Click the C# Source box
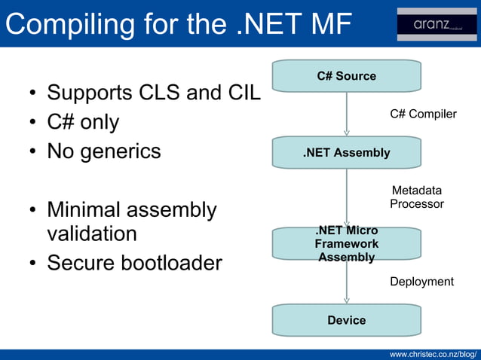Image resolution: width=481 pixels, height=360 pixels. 346,76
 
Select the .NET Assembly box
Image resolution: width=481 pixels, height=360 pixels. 346,153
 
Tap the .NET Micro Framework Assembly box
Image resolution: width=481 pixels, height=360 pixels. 346,244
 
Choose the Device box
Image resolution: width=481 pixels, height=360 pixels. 346,320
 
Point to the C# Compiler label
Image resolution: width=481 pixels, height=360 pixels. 423,114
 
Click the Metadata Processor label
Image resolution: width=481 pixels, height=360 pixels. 417,197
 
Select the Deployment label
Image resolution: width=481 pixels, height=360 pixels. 421,282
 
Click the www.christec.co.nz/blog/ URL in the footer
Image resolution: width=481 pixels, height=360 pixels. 433,353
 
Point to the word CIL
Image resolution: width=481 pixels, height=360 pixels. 244,93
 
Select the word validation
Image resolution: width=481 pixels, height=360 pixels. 92,233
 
